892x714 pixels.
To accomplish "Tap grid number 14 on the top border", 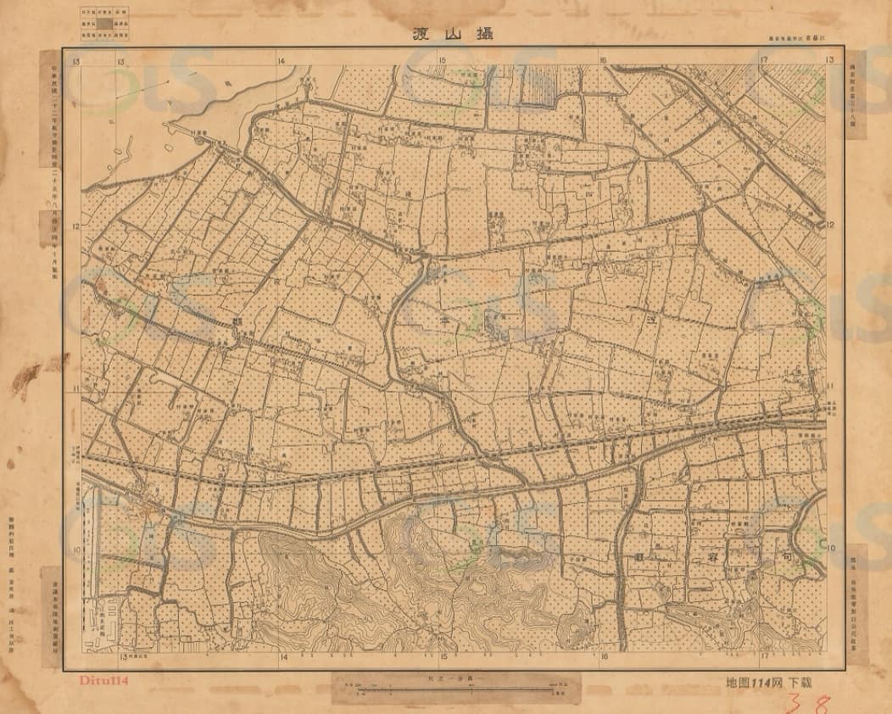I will pos(282,60).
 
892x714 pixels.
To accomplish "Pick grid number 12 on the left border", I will pos(76,226).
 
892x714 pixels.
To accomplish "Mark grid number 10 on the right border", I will pos(831,549).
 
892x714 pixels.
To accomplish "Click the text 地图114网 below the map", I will pos(755,682).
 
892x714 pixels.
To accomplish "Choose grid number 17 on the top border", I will pos(764,60).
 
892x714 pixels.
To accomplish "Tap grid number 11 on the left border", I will pos(76,388).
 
